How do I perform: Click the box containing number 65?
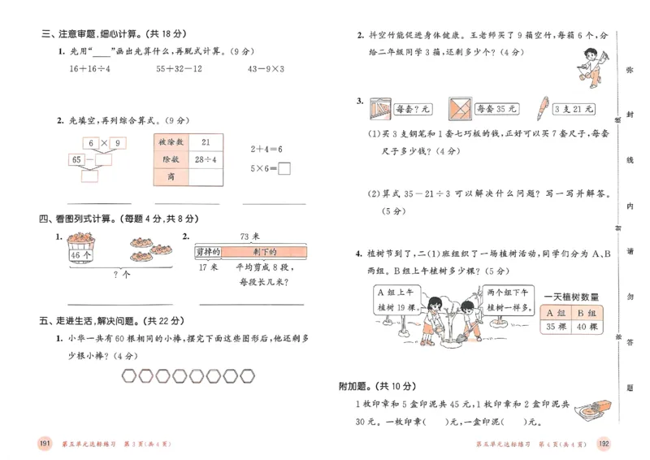click(x=78, y=159)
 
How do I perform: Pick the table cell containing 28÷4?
click(x=204, y=159)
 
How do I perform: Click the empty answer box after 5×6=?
click(x=284, y=169)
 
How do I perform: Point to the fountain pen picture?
click(x=541, y=107)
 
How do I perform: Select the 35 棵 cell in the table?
click(x=556, y=328)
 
